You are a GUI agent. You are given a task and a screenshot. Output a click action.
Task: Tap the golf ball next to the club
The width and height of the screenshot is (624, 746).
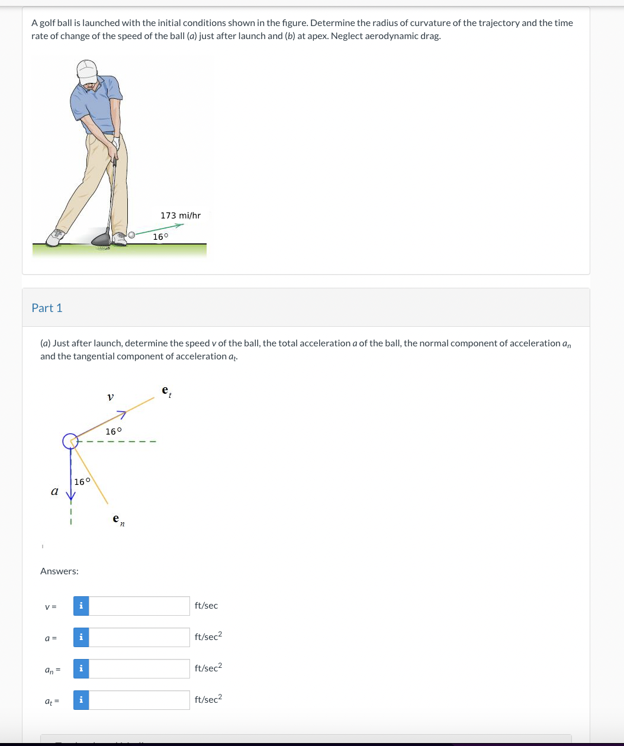point(132,236)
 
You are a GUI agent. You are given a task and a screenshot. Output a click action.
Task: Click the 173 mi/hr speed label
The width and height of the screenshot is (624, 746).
point(181,216)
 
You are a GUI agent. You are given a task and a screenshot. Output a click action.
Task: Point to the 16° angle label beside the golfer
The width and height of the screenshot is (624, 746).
point(160,237)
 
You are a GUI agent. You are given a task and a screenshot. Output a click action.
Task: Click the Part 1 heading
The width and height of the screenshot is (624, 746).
point(47,308)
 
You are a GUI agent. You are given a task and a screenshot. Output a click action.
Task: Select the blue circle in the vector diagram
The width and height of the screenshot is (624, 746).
point(70,441)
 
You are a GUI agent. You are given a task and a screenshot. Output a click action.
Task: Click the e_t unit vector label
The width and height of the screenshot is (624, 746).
point(166,391)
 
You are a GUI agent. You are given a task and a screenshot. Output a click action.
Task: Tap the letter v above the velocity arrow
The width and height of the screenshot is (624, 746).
point(110,397)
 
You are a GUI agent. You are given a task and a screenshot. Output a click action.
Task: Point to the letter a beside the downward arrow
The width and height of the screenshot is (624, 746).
point(54,491)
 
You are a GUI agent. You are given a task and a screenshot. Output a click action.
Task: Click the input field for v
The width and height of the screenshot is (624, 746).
point(139,606)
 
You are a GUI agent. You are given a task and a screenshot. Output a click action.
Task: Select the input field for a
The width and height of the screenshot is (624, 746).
point(139,637)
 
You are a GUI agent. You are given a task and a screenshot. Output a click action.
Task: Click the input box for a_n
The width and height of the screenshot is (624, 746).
point(139,668)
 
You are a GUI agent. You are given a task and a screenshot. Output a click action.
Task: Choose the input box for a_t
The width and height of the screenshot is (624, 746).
point(139,700)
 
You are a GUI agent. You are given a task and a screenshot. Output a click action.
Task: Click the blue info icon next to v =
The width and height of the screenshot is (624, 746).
point(81,606)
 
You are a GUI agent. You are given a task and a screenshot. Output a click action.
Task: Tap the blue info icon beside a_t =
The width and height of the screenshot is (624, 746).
point(81,700)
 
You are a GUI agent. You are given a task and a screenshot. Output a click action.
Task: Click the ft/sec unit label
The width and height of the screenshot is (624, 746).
point(206,606)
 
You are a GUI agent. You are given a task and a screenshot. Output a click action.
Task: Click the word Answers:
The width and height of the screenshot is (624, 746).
point(59,571)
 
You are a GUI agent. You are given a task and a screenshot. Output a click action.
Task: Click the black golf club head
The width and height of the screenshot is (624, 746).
point(101,239)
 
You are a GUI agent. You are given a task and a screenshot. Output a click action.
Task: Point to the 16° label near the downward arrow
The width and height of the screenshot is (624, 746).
point(83,481)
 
